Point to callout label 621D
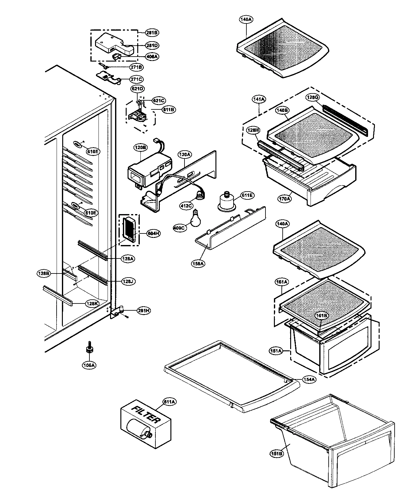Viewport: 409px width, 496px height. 138,89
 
